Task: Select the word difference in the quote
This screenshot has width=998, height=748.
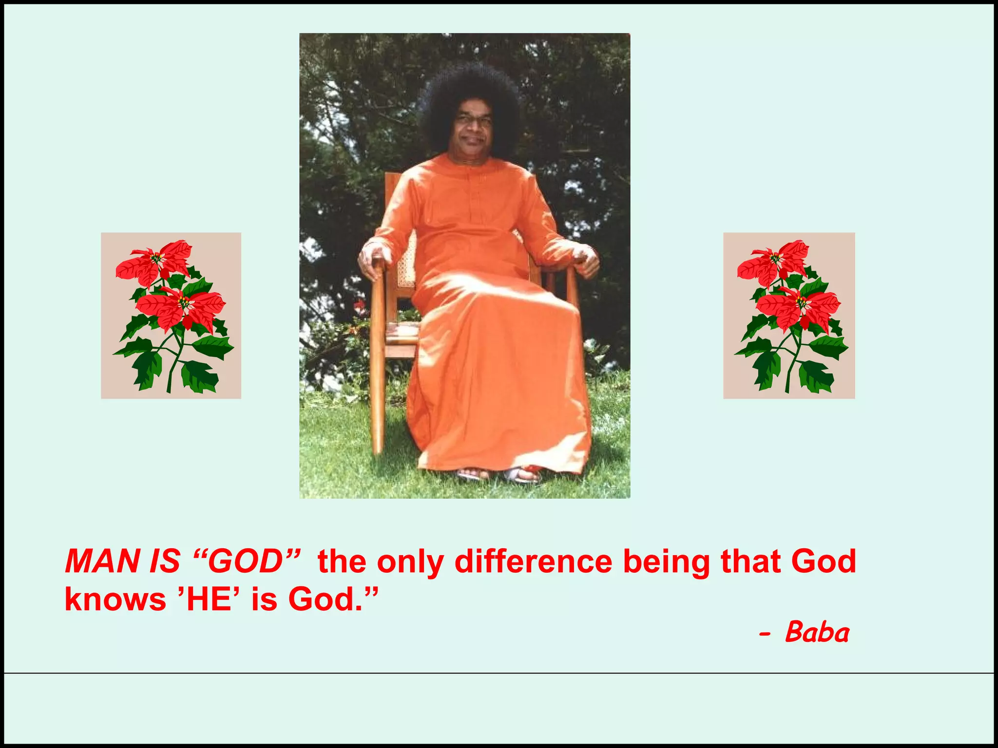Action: point(533,561)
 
